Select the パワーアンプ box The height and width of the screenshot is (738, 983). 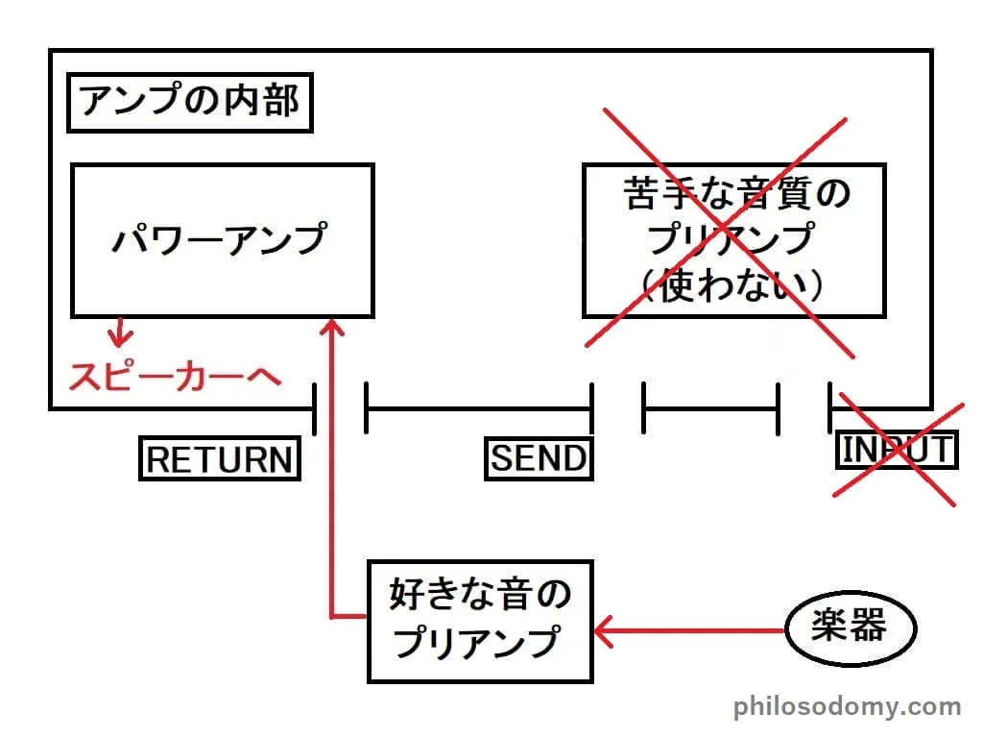pyautogui.click(x=222, y=240)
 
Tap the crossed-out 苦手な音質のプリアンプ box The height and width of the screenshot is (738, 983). pyautogui.click(x=733, y=240)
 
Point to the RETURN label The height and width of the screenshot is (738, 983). pyautogui.click(x=219, y=459)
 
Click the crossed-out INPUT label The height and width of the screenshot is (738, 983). pyautogui.click(x=898, y=450)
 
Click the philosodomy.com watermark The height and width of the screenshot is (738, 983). pyautogui.click(x=848, y=708)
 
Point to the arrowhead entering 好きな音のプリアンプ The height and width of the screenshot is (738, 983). pyautogui.click(x=603, y=631)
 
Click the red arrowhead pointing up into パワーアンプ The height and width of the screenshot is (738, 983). pyautogui.click(x=332, y=329)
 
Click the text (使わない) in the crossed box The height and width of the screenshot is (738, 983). pyautogui.click(x=734, y=285)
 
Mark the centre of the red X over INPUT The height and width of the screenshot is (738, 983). pyautogui.click(x=896, y=450)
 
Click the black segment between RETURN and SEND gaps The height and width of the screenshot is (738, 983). pyautogui.click(x=478, y=408)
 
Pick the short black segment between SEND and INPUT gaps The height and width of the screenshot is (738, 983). pyautogui.click(x=709, y=408)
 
